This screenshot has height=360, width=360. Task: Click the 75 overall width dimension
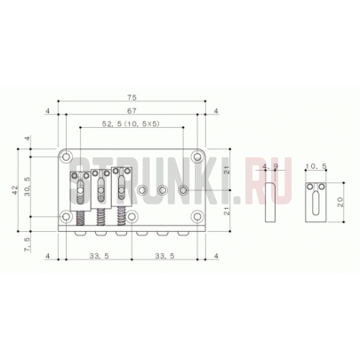tap(132, 98)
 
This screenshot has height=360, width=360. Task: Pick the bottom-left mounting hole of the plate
tap(66, 216)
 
